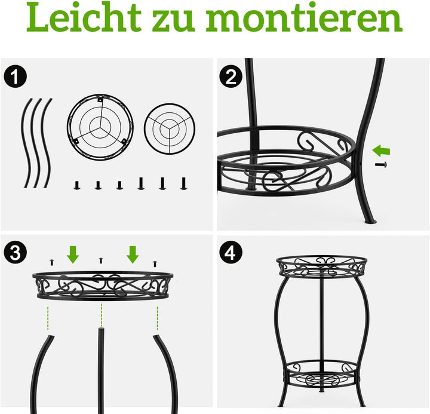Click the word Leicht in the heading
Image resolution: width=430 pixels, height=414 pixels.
pyautogui.click(x=84, y=17)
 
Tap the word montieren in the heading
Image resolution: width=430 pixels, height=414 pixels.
pyautogui.click(x=305, y=19)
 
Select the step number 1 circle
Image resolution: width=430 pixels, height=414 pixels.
pyautogui.click(x=16, y=76)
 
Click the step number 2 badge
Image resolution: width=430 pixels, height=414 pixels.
pyautogui.click(x=231, y=76)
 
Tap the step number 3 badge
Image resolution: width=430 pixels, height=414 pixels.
pyautogui.click(x=16, y=252)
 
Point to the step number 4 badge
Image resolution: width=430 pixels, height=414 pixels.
pyautogui.click(x=231, y=252)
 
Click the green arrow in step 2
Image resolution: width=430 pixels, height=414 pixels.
pyautogui.click(x=381, y=151)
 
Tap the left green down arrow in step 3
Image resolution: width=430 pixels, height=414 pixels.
pyautogui.click(x=73, y=254)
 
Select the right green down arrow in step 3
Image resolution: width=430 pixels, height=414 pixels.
pyautogui.click(x=133, y=254)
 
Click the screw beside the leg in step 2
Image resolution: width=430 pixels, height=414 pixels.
pyautogui.click(x=381, y=165)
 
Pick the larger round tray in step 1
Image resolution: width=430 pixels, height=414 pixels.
pyautogui.click(x=100, y=128)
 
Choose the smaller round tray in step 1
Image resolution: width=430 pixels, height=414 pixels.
pyautogui.click(x=170, y=129)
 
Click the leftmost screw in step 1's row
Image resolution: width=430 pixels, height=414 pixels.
pyautogui.click(x=77, y=185)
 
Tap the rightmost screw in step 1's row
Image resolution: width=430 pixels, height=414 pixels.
pyautogui.click(x=184, y=183)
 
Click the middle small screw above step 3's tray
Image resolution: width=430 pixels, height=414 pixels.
pyautogui.click(x=101, y=260)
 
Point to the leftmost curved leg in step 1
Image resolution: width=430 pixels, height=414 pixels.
pyautogui.click(x=26, y=143)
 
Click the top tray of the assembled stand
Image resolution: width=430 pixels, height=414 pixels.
pyautogui.click(x=322, y=266)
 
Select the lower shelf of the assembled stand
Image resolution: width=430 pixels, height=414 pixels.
pyautogui.click(x=322, y=375)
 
